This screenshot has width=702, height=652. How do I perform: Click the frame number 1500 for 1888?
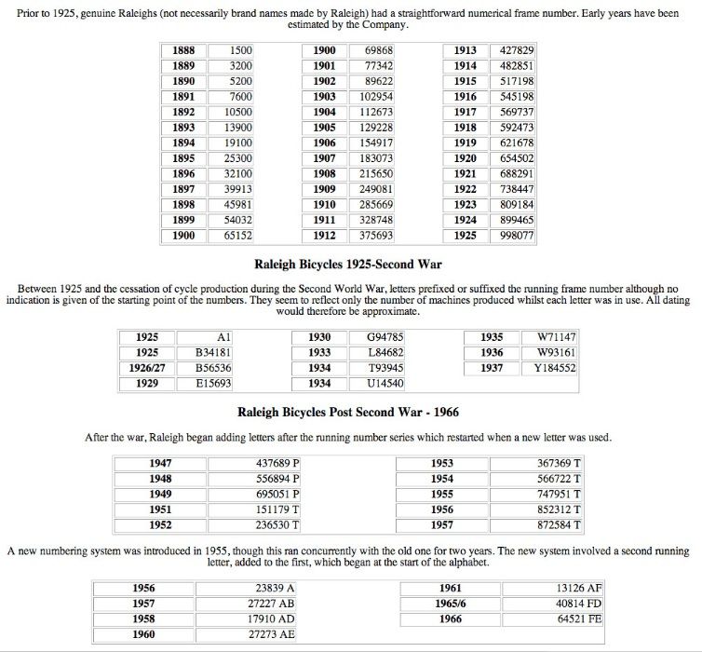point(240,50)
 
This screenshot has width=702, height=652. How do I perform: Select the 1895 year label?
point(183,158)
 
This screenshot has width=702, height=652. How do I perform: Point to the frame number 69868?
point(377,50)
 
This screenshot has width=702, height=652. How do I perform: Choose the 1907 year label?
point(324,158)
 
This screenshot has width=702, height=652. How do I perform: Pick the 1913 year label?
point(465,50)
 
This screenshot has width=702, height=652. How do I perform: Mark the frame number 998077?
point(517,236)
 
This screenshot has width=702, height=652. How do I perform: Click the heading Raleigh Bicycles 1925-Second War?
point(348,264)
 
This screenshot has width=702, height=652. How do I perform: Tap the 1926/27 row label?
point(146,368)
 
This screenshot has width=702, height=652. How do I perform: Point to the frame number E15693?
point(213,383)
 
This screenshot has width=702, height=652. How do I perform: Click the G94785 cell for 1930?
point(385,336)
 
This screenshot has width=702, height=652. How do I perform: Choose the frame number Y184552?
point(555,368)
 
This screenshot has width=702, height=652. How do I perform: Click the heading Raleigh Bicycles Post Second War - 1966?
point(348,412)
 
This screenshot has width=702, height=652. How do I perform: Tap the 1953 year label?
point(442,463)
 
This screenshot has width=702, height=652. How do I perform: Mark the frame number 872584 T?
point(560,525)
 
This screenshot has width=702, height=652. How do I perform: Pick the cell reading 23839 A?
point(275,588)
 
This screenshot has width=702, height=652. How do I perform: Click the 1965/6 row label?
point(450,604)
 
